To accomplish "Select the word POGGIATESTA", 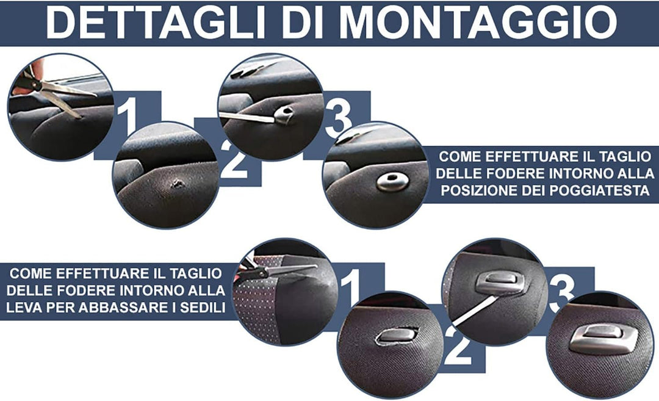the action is [600, 190].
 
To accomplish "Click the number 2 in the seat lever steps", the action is [458, 345].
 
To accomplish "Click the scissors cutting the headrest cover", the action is [51, 90].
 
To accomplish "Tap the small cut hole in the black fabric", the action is [177, 183].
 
